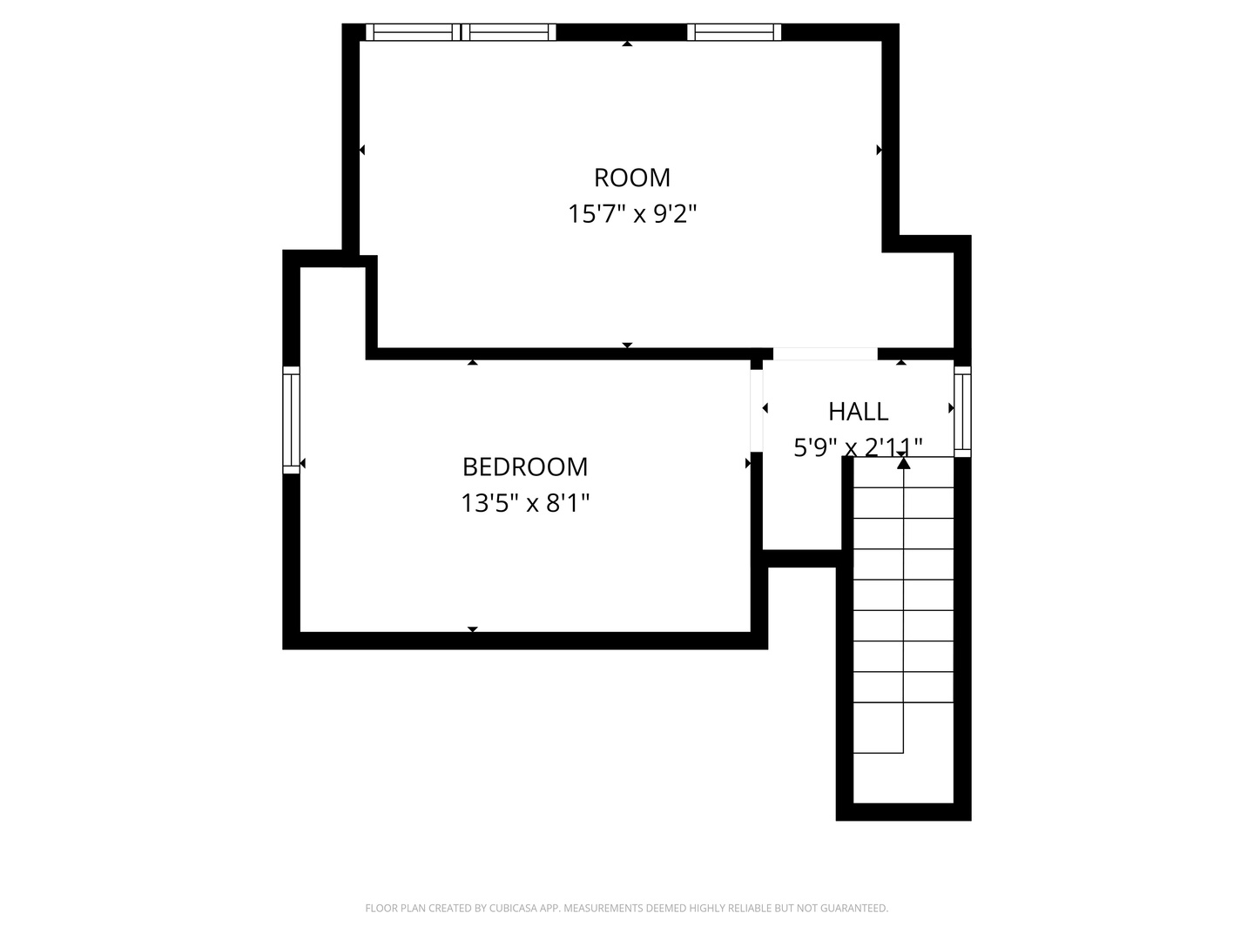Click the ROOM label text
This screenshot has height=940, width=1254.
pyautogui.click(x=632, y=178)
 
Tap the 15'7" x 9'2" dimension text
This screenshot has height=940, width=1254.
pyautogui.click(x=632, y=215)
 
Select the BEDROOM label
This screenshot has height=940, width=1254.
pyautogui.click(x=525, y=467)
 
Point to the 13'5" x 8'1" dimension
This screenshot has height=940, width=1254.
pyautogui.click(x=525, y=503)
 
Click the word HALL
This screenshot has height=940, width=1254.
pyautogui.click(x=858, y=412)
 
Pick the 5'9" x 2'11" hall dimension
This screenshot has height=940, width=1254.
pyautogui.click(x=858, y=447)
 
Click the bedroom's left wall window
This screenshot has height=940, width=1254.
pyautogui.click(x=292, y=420)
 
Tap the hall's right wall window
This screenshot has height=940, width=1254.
pyautogui.click(x=962, y=412)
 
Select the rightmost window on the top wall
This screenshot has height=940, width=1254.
pyautogui.click(x=734, y=32)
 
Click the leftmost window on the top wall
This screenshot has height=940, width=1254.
pyautogui.click(x=413, y=32)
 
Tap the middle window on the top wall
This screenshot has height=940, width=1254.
pyautogui.click(x=509, y=32)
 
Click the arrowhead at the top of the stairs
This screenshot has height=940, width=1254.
pyautogui.click(x=903, y=463)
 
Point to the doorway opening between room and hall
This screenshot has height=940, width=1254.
pyautogui.click(x=825, y=354)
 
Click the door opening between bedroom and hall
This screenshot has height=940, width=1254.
pyautogui.click(x=757, y=411)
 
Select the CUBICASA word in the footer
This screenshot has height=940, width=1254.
pyautogui.click(x=514, y=908)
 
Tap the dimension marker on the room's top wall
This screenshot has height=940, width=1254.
pyautogui.click(x=627, y=44)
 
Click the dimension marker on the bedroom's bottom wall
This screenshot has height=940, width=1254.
pyautogui.click(x=473, y=629)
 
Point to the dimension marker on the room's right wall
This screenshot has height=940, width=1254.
pyautogui.click(x=880, y=150)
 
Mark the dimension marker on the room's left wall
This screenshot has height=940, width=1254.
pyautogui.click(x=361, y=150)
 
